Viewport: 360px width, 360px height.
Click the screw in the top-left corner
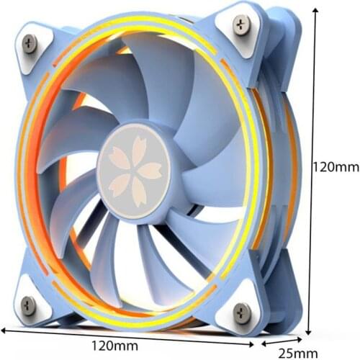29,42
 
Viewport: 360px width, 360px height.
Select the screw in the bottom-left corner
28,302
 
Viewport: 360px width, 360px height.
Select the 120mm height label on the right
335,167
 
